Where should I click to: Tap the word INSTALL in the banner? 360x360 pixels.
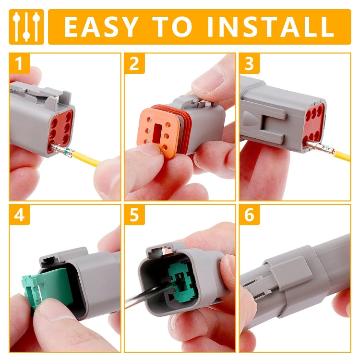click(269, 27)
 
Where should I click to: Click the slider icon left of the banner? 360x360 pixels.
click(26, 27)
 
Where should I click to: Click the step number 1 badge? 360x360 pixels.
click(19, 62)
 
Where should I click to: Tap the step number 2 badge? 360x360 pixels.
click(134, 62)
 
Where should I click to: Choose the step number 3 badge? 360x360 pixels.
click(249, 62)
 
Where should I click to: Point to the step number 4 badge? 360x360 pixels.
click(19, 215)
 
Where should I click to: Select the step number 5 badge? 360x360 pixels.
click(134, 215)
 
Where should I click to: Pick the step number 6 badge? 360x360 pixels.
click(249, 215)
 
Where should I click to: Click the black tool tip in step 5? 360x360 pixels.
click(144, 300)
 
